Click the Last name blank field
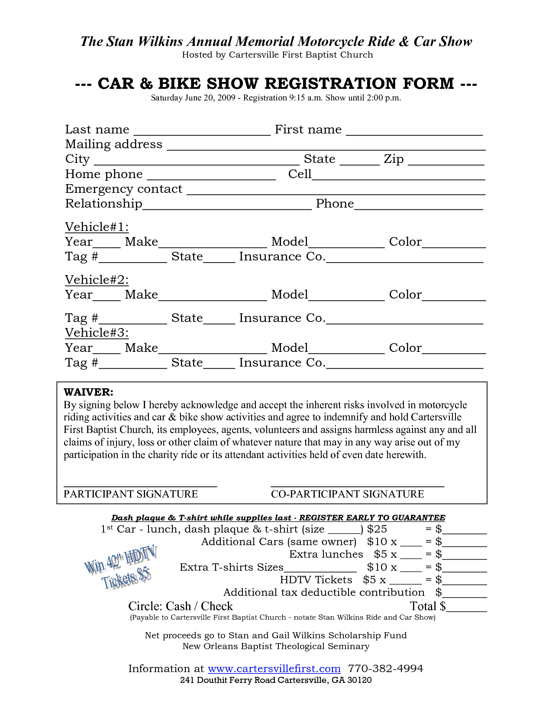click(202, 131)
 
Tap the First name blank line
click(414, 131)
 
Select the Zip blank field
click(446, 161)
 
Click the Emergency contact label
click(124, 189)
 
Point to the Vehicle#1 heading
click(97, 227)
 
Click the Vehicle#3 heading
click(97, 333)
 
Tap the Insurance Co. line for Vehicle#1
click(405, 259)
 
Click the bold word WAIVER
click(88, 392)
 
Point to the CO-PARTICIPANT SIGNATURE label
click(347, 494)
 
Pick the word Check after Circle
click(217, 606)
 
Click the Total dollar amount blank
click(466, 608)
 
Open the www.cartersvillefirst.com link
click(274, 669)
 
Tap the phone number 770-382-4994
click(385, 669)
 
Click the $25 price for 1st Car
click(377, 529)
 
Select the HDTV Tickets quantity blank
click(405, 581)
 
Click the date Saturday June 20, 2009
click(193, 98)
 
